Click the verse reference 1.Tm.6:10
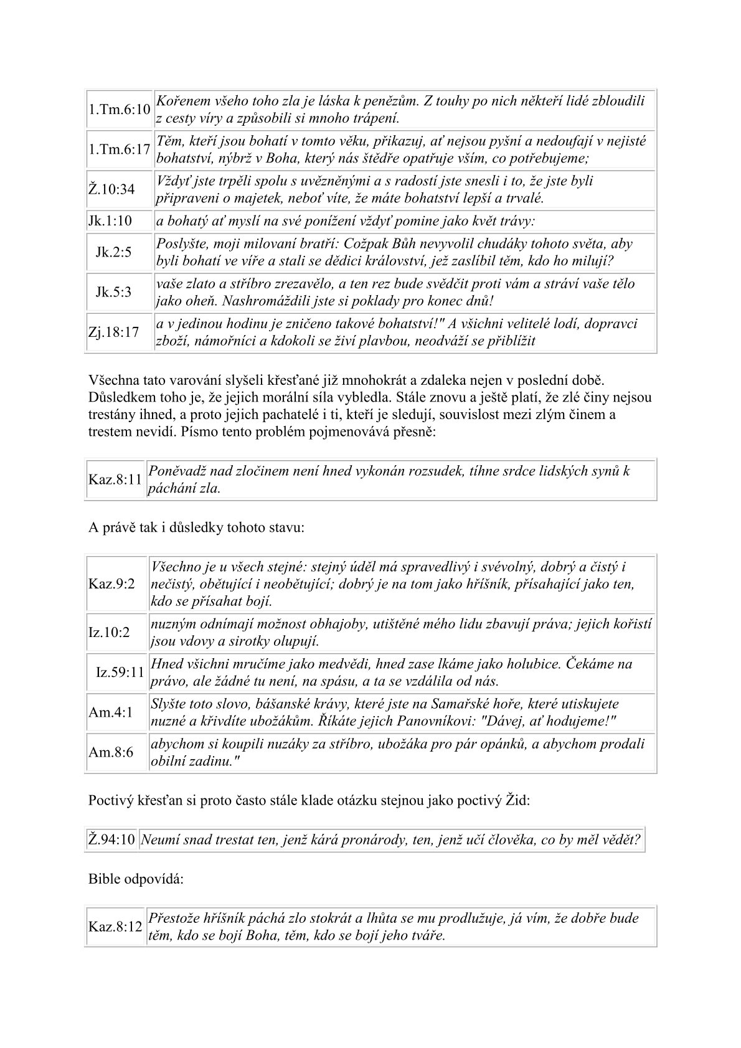point(119,110)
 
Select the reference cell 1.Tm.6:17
point(119,149)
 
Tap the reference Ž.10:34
point(111,189)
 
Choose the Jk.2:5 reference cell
point(114,252)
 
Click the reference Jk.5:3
point(114,292)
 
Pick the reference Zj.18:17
point(113,332)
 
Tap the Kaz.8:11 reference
point(115,479)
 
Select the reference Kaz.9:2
point(111,584)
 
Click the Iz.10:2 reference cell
point(110,632)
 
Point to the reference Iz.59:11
point(120,673)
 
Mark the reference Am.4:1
point(111,712)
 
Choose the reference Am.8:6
point(111,752)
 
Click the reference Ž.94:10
point(111,839)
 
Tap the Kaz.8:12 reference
point(115,927)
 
